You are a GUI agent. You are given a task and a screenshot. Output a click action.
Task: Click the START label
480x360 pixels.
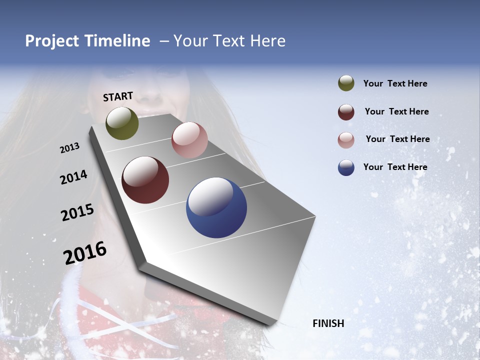pos(118,96)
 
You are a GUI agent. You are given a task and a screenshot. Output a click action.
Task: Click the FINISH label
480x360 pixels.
pos(328,323)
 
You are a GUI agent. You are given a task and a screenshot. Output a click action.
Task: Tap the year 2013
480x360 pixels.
pos(69,148)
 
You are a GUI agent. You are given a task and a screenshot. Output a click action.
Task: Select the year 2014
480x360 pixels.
pos(73,177)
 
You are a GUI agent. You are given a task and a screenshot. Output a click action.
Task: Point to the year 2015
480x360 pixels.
pos(77,212)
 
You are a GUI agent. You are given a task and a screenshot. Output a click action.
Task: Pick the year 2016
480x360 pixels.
pos(85,252)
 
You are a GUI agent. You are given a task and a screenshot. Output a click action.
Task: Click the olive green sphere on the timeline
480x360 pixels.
pos(122,123)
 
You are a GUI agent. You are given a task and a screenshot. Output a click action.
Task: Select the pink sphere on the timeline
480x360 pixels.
pos(189,140)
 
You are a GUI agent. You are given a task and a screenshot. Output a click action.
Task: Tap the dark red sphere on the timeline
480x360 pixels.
pos(145,180)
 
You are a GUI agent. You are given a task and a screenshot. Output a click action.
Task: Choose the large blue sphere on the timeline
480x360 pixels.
pos(216,207)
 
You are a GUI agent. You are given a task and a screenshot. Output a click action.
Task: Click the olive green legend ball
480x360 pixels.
pos(346,83)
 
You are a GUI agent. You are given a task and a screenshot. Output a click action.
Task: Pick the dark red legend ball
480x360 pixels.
pos(346,112)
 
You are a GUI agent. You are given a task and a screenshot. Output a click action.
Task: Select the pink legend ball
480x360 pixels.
pos(346,140)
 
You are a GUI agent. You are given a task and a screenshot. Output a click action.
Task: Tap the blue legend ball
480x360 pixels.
pos(346,167)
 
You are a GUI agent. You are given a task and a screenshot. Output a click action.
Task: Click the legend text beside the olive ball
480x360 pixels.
pos(395,83)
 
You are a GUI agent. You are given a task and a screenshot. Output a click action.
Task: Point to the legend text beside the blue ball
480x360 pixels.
pos(395,167)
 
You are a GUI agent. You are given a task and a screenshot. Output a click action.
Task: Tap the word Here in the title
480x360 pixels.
pos(267,41)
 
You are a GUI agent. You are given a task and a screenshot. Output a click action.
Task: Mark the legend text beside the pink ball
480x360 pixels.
pos(397,139)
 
